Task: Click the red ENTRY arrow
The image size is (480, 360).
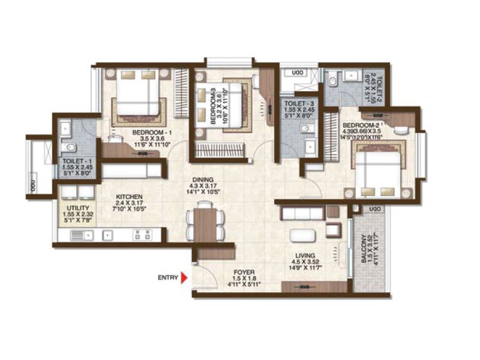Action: (184, 277)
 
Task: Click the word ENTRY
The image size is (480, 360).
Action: (167, 277)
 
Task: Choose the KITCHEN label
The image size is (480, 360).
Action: (129, 197)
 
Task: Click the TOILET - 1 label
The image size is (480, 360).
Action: (76, 162)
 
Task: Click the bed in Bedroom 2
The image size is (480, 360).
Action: (380, 171)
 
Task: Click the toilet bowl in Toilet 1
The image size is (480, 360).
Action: (70, 148)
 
